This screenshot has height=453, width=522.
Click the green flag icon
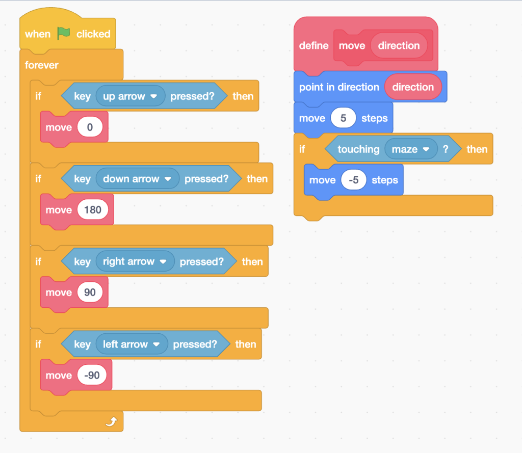click(63, 34)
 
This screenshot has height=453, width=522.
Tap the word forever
click(41, 65)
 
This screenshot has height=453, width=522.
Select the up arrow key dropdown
click(130, 96)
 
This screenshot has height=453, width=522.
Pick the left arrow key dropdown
click(132, 344)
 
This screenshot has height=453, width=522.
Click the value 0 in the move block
click(90, 127)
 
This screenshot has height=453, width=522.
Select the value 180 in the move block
click(93, 209)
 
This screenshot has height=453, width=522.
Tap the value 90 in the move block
click(90, 292)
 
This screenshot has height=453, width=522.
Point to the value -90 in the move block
click(92, 376)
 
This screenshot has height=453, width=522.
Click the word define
click(314, 45)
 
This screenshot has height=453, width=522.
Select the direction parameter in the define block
click(399, 45)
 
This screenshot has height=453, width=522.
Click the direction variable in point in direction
click(413, 87)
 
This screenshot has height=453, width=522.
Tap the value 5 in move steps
click(343, 118)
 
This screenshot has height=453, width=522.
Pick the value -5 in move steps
click(353, 180)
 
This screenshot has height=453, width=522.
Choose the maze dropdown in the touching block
click(411, 149)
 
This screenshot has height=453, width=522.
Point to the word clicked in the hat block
click(93, 34)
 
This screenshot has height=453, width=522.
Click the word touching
click(358, 149)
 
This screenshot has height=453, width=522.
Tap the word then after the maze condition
click(477, 149)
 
